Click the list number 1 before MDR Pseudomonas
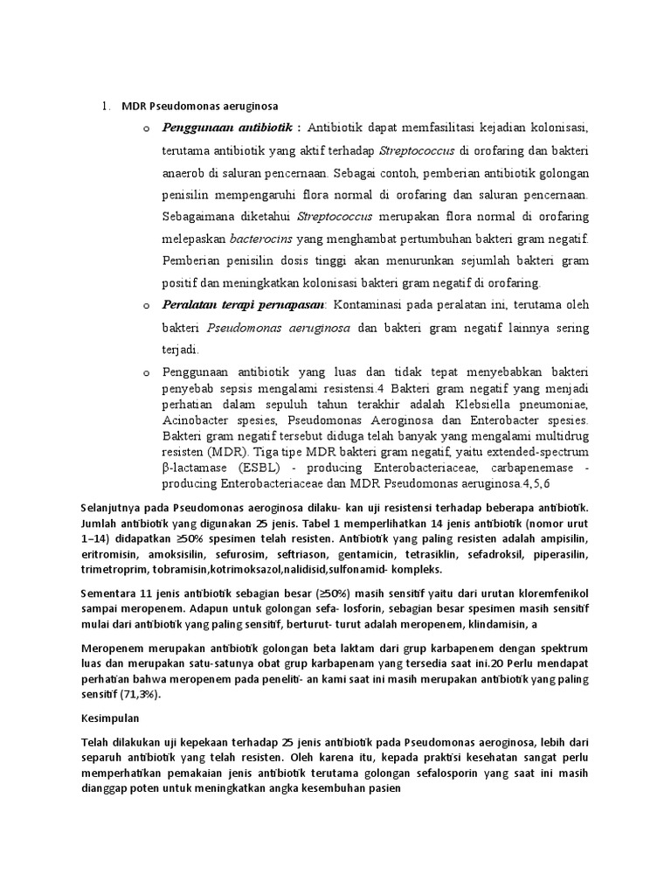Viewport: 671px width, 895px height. pyautogui.click(x=105, y=108)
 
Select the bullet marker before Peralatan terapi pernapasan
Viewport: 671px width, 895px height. pyautogui.click(x=146, y=305)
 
